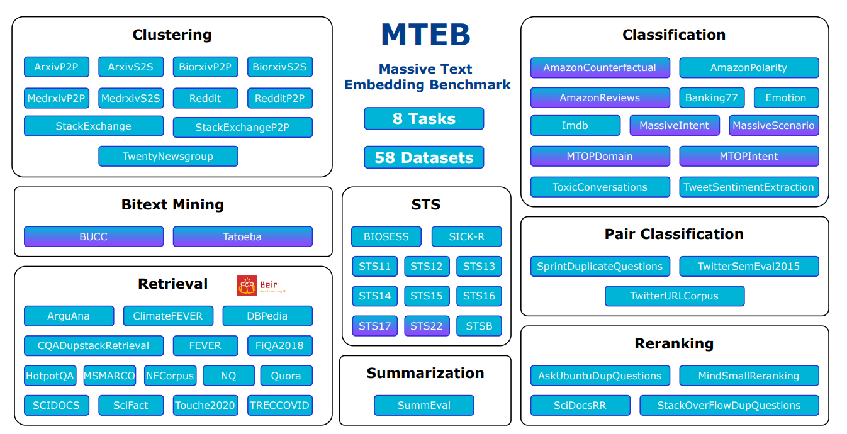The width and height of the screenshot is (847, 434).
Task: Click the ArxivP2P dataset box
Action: (x=57, y=67)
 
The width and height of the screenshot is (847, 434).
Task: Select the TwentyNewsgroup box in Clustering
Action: (x=168, y=156)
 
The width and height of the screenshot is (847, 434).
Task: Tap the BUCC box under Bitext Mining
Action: (x=94, y=236)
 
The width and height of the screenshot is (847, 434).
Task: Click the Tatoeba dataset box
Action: (x=242, y=236)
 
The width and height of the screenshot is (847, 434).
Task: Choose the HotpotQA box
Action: (x=50, y=376)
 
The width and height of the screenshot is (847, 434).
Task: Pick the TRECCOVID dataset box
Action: (x=280, y=405)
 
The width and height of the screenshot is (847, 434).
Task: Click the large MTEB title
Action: (x=425, y=35)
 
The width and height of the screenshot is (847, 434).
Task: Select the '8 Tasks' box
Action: (x=423, y=118)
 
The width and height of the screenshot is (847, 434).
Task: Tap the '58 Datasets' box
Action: (x=423, y=157)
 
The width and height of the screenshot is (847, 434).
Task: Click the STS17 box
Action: (x=375, y=326)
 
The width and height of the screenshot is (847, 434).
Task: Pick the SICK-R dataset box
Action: (x=466, y=236)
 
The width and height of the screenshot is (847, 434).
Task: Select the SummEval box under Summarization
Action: (x=423, y=405)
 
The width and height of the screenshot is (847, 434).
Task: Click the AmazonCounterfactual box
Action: (x=600, y=67)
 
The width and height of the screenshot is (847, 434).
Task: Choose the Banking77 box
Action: (x=712, y=97)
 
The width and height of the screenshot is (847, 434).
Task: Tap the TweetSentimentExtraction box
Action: (x=749, y=187)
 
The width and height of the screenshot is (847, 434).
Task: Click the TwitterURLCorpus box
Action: (x=674, y=296)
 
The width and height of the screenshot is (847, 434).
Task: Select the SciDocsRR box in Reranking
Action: (x=580, y=405)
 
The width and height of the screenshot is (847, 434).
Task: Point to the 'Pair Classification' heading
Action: (x=674, y=234)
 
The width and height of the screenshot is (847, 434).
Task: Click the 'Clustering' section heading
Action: (x=172, y=35)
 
